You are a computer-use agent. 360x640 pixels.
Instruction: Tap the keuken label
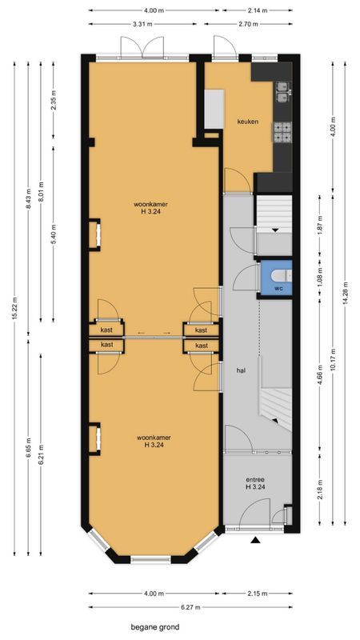(x=247, y=122)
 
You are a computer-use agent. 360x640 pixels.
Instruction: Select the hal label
(x=240, y=371)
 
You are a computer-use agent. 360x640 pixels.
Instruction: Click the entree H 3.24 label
(x=255, y=483)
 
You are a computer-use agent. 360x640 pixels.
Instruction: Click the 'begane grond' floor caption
(x=156, y=627)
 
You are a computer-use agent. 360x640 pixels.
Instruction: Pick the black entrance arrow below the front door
(x=256, y=542)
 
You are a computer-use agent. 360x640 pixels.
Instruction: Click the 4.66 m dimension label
(x=320, y=374)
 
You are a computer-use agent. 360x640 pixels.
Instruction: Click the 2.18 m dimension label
(x=320, y=488)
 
